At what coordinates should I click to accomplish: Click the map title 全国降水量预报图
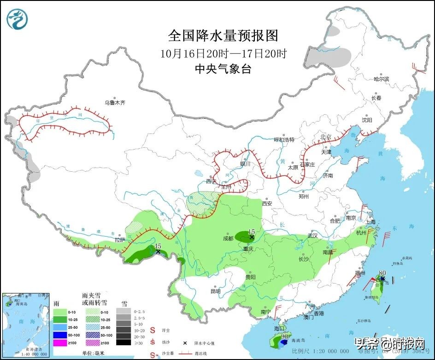(223, 36)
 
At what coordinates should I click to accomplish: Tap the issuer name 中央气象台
(223, 69)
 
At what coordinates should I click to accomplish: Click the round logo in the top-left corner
(18, 18)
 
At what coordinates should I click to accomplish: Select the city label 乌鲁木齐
(114, 103)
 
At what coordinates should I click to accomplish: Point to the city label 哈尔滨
(381, 79)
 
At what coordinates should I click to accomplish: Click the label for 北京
(326, 137)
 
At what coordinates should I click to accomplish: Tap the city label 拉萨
(120, 240)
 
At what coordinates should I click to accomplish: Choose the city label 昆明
(215, 291)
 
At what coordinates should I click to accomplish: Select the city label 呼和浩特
(284, 139)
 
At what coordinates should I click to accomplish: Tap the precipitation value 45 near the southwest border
(158, 246)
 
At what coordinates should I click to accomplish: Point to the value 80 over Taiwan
(382, 273)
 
